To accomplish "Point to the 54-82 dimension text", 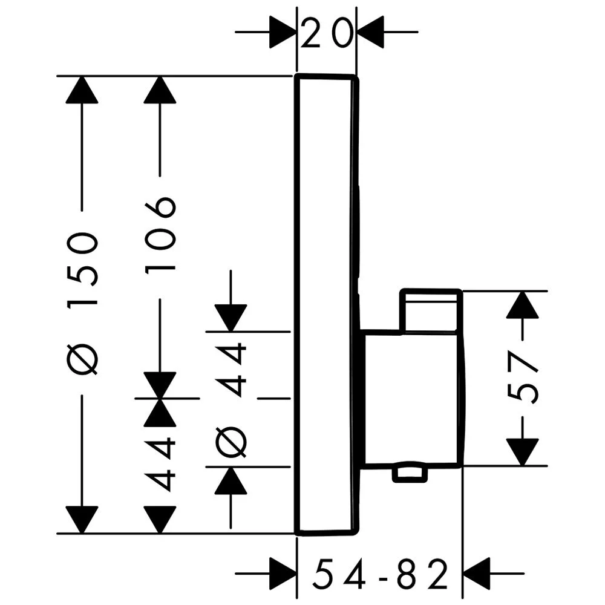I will (x=381, y=574).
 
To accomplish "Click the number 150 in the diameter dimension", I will (x=82, y=260).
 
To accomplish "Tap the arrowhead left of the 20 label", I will (x=282, y=31).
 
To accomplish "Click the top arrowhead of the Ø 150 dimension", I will (x=82, y=90).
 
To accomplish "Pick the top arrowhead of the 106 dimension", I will (x=160, y=90).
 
